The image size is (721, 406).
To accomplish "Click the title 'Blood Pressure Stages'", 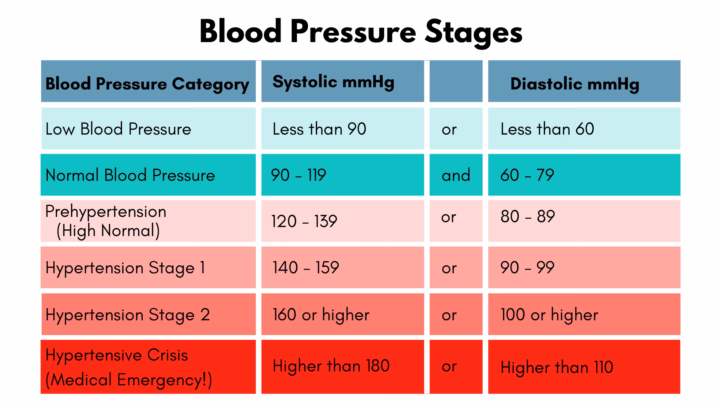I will (360, 32).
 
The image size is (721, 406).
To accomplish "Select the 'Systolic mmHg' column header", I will (333, 82).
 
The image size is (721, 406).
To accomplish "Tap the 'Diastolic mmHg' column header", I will (575, 84).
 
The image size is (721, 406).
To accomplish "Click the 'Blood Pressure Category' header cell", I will (147, 84).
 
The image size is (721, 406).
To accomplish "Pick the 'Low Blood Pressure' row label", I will (118, 129).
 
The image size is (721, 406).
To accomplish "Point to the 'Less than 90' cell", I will (319, 129).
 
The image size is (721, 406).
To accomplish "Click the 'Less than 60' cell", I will (547, 129).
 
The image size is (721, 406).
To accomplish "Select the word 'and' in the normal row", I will (456, 175).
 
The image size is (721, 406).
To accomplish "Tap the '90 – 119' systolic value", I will (299, 175).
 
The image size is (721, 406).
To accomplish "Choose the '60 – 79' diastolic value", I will (527, 175).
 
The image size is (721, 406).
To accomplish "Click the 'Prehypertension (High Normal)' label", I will (106, 221).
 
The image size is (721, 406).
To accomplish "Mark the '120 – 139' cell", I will (304, 221).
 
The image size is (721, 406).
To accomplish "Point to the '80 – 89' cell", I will (528, 217).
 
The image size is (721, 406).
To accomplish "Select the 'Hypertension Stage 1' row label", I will (125, 268).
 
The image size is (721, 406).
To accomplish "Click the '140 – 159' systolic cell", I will (306, 268).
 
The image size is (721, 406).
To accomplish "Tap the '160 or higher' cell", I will (321, 315).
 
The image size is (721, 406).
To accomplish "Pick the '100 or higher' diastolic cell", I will (549, 315).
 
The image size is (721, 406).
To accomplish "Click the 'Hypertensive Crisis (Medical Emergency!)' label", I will (128, 367).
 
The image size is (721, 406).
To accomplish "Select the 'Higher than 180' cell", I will (331, 366).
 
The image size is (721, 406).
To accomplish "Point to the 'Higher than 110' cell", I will (557, 367).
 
